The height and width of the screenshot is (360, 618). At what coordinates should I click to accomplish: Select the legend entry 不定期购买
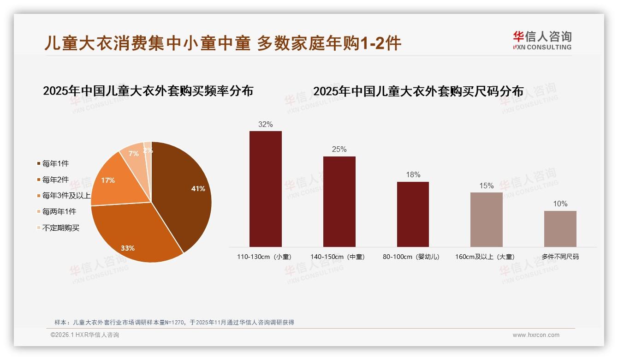tap(60, 228)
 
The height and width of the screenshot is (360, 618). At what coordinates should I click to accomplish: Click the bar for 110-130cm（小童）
tap(266, 189)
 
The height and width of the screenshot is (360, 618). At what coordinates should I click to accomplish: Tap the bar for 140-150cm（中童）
tap(339, 201)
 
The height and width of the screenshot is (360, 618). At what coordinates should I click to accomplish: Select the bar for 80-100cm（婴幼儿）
tap(413, 214)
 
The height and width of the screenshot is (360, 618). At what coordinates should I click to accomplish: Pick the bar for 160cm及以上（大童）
tap(487, 219)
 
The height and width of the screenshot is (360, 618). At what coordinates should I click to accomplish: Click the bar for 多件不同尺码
tap(560, 228)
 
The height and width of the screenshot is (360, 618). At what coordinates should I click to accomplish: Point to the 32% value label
tap(266, 124)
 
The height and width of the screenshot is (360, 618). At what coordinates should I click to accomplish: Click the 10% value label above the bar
tap(560, 204)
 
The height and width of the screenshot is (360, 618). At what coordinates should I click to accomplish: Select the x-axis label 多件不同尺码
tap(560, 257)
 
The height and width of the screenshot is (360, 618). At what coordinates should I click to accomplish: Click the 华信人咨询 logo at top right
tap(542, 40)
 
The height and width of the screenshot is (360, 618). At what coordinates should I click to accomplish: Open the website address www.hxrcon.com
tap(536, 335)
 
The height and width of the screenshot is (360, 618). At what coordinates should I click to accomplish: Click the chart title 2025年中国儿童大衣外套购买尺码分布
tap(418, 91)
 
